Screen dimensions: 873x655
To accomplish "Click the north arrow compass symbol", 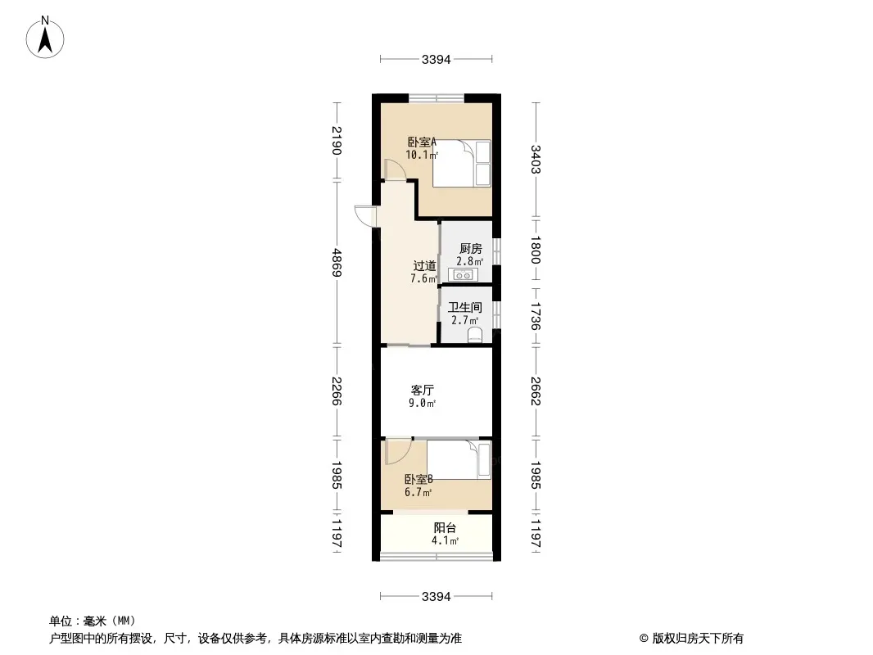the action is tap(45, 38).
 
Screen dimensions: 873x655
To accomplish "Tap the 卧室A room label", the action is tap(422, 142).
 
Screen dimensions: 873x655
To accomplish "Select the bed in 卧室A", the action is tap(462, 163).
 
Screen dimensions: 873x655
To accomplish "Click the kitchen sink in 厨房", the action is tap(464, 274).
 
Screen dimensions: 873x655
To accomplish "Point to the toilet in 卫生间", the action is tap(474, 335).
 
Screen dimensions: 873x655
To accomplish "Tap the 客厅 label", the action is tap(422, 390).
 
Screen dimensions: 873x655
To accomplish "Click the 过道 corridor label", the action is tap(424, 266).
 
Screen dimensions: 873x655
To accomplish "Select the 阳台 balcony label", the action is tap(445, 527).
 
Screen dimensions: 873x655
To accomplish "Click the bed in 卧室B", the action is tap(459, 459).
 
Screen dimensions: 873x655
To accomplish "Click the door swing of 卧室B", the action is tap(398, 451).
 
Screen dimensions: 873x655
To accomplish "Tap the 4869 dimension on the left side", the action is tap(337, 262).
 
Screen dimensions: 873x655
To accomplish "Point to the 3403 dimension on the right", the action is tap(535, 159).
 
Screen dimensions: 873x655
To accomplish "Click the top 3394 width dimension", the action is tap(436, 59).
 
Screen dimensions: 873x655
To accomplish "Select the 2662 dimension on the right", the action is tap(535, 391).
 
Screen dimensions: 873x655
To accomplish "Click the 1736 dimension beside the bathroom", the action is tap(535, 316).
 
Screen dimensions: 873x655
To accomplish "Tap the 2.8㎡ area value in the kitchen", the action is tap(470, 261).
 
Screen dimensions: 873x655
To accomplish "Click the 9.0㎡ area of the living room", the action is tap(422, 403).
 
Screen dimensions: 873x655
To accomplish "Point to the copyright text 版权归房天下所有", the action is tap(698, 639).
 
